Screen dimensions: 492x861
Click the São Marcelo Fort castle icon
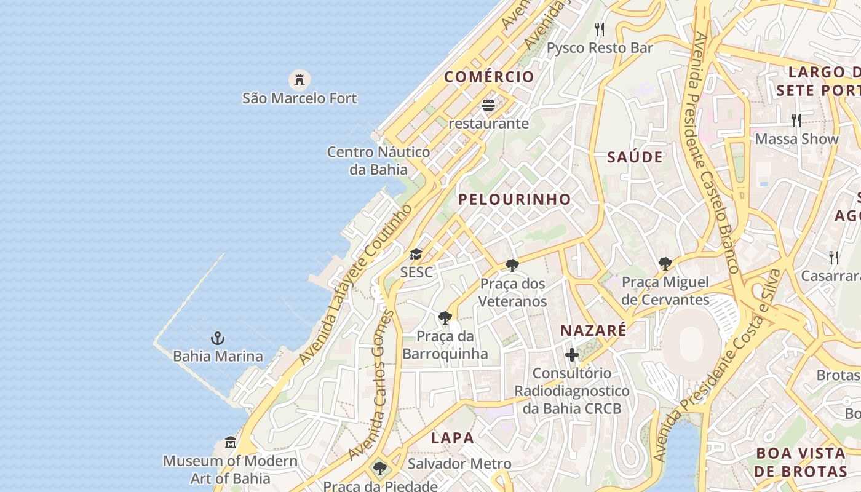tap(300, 79)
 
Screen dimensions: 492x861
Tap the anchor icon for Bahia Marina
tap(218, 338)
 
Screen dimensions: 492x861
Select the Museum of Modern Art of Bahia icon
tap(231, 442)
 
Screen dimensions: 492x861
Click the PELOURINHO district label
tap(515, 199)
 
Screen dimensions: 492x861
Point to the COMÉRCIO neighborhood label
tap(490, 77)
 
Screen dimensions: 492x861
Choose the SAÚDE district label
tap(635, 157)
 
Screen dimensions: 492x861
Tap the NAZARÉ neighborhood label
tap(593, 330)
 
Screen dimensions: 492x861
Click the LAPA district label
tap(453, 438)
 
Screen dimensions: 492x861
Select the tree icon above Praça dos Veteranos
tap(512, 266)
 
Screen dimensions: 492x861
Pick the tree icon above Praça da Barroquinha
tap(445, 318)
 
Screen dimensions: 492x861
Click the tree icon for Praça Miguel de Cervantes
tap(665, 264)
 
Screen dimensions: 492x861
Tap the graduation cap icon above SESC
tap(416, 254)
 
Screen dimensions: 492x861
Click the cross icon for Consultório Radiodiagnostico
tap(572, 355)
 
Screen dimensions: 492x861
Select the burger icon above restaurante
tap(488, 105)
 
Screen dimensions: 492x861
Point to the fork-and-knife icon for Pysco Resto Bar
tap(600, 30)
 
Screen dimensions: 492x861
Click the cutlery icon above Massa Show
tap(796, 120)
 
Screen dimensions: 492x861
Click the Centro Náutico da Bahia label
tap(378, 161)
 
